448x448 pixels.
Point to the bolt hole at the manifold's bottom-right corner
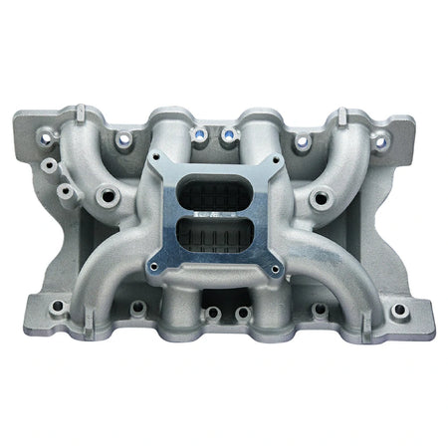(400, 310)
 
